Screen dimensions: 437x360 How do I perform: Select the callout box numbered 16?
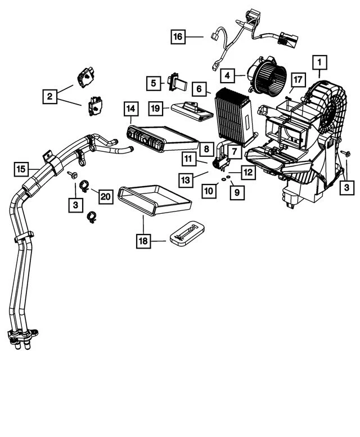click(x=178, y=37)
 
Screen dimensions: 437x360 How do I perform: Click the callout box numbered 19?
click(x=156, y=107)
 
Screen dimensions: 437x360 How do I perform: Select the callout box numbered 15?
click(x=21, y=168)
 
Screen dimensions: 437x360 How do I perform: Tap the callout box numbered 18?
click(x=143, y=241)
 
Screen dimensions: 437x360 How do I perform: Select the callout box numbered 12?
click(x=248, y=170)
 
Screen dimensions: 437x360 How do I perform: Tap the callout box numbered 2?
click(x=50, y=96)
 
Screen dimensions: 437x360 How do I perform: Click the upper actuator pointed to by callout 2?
click(x=86, y=77)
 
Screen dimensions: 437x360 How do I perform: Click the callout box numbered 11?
click(x=188, y=159)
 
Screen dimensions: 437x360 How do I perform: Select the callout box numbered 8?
click(x=206, y=148)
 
